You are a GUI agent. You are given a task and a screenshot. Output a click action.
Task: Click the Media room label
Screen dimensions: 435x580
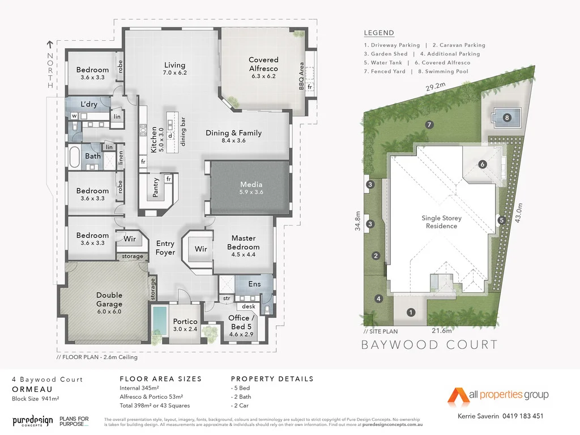(x=251, y=188)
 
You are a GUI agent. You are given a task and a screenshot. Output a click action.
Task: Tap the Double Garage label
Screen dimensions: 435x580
(x=109, y=299)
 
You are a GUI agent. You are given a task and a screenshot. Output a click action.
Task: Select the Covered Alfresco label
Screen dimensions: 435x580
(x=263, y=68)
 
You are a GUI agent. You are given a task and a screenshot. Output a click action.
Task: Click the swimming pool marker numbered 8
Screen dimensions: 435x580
(x=507, y=118)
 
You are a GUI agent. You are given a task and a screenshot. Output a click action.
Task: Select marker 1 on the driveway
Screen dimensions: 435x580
(x=412, y=312)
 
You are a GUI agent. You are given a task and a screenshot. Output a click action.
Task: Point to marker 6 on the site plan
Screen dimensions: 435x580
(x=483, y=164)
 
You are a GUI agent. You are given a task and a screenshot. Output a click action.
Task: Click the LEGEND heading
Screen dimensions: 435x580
(x=379, y=33)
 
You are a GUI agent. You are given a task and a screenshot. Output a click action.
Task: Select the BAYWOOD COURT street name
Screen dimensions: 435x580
(x=429, y=344)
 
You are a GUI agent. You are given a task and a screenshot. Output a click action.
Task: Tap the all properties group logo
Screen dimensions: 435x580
(x=498, y=394)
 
